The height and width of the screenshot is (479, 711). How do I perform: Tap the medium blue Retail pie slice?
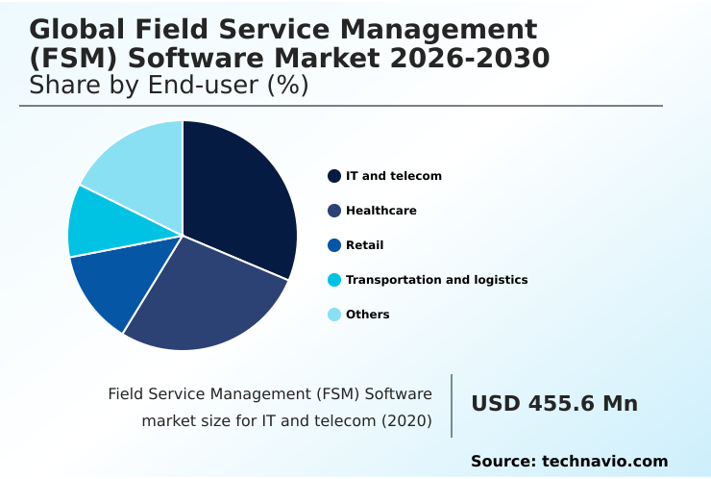click(120, 284)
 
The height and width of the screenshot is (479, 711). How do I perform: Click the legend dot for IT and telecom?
click(334, 176)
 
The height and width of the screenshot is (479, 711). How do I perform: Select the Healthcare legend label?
click(380, 211)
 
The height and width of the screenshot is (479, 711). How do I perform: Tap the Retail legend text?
click(364, 245)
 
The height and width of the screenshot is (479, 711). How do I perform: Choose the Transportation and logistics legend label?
click(436, 280)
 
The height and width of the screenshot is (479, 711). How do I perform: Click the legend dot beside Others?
click(334, 315)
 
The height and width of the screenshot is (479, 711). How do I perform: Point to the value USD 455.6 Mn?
click(554, 404)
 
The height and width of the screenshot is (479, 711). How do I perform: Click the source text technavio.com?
click(605, 462)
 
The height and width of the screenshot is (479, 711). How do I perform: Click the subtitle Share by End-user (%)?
click(169, 86)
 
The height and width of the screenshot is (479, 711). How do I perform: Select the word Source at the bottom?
click(503, 462)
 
